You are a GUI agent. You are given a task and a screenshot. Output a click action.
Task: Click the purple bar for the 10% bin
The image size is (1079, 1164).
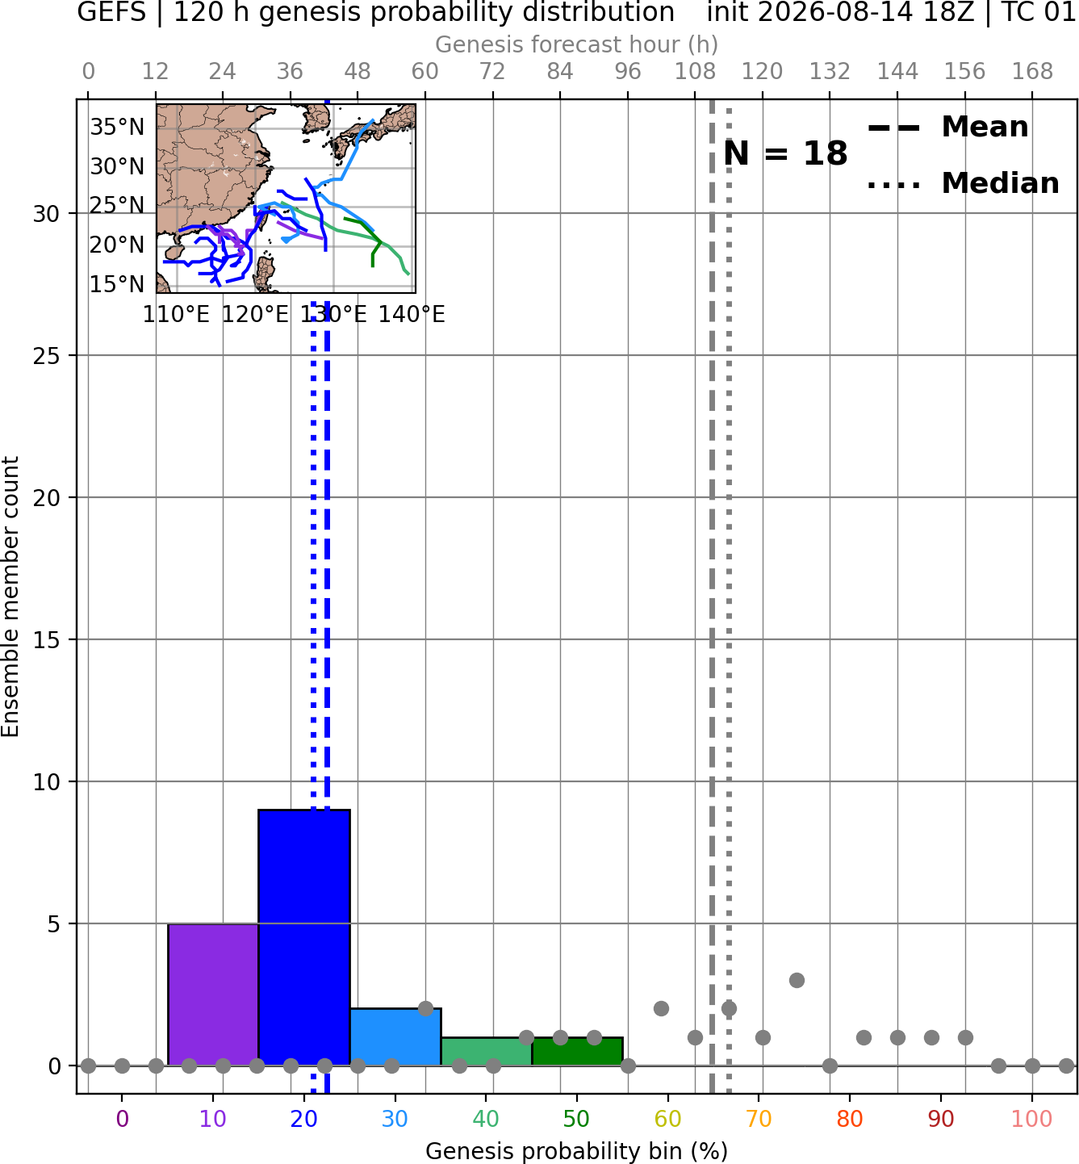pos(213,994)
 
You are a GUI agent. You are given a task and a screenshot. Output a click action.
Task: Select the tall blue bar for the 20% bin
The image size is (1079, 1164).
pos(304,938)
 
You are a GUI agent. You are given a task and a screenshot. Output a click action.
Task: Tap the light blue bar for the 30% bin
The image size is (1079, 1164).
pos(395,1037)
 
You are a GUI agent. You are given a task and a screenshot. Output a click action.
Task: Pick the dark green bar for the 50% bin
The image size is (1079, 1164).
pos(577,1052)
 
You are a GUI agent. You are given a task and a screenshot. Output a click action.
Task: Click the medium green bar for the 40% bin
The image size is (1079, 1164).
pos(487,1052)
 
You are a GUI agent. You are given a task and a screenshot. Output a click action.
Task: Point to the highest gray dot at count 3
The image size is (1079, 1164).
pos(797,981)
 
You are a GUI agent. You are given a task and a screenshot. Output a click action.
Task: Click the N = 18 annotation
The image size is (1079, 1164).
pos(785,153)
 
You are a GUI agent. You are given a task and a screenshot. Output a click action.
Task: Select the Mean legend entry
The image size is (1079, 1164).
pos(947,128)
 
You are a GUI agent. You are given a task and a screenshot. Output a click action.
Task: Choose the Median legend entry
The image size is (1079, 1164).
pos(964,183)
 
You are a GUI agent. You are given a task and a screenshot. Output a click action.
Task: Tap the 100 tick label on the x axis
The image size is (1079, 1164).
pos(1032,1119)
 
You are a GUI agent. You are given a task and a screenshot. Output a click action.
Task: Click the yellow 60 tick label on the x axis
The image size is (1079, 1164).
pos(668,1119)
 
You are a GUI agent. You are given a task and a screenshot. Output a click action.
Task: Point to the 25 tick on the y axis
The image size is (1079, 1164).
pos(46,356)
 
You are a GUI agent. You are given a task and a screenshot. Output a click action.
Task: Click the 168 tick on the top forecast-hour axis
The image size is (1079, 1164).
pos(1032,72)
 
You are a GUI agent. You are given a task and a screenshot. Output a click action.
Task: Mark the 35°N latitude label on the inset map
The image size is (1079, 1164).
pos(117,128)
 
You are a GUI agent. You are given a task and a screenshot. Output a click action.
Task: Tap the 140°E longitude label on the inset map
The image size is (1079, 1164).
pos(412,315)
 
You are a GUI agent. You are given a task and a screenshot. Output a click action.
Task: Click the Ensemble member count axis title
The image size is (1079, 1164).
pos(10,597)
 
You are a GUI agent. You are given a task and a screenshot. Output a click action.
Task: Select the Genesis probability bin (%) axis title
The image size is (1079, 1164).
pos(577,1151)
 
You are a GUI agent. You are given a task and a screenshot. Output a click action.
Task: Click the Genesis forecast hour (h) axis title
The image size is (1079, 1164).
pos(577,44)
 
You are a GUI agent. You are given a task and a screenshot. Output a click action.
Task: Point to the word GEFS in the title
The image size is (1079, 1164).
pos(111,12)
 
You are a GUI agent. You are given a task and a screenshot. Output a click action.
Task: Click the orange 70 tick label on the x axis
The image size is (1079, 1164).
pos(759,1119)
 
